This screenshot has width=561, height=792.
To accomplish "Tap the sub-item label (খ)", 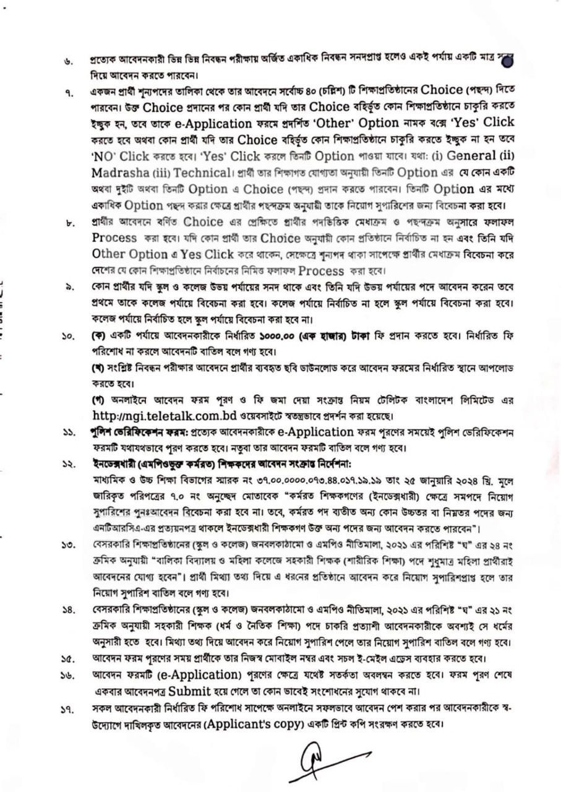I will [x=97, y=369].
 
